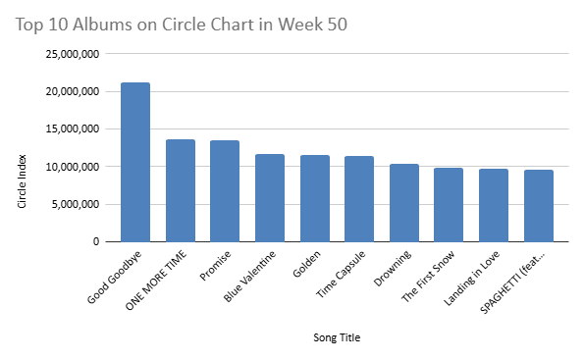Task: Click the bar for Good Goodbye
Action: pyautogui.click(x=135, y=162)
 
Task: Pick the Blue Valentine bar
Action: pyautogui.click(x=270, y=197)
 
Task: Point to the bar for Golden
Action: pyautogui.click(x=314, y=198)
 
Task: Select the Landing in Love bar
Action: pyautogui.click(x=494, y=205)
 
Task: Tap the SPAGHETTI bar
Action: pyautogui.click(x=539, y=206)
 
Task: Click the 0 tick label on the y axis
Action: pyautogui.click(x=95, y=241)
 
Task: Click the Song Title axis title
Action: pyautogui.click(x=336, y=337)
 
